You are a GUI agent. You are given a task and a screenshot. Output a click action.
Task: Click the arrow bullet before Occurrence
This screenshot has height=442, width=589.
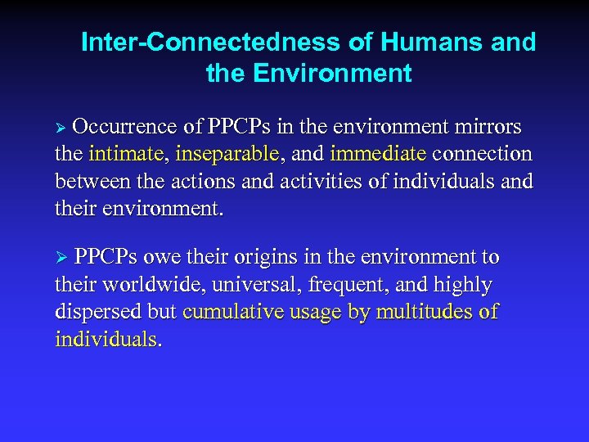pyautogui.click(x=60, y=129)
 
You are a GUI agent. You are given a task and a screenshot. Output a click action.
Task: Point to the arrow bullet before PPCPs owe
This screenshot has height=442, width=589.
pyautogui.click(x=60, y=259)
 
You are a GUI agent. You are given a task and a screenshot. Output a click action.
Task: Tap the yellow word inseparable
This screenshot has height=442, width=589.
pyautogui.click(x=227, y=154)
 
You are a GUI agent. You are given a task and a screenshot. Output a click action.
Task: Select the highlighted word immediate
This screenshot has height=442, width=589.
pyautogui.click(x=378, y=154)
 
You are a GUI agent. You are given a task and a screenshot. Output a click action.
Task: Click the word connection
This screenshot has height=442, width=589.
pyautogui.click(x=482, y=154)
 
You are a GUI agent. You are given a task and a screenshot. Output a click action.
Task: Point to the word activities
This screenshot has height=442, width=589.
pyautogui.click(x=323, y=181)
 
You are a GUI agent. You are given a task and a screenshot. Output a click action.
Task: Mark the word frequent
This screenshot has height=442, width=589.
pyautogui.click(x=349, y=285)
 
